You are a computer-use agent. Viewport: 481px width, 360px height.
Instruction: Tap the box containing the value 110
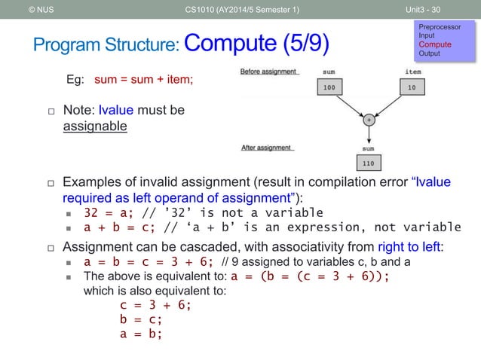(369, 162)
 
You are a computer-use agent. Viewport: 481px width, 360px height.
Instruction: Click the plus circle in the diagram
(369, 120)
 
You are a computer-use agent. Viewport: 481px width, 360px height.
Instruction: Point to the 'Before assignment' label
(268, 72)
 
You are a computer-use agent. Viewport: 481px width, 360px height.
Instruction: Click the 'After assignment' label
(265, 148)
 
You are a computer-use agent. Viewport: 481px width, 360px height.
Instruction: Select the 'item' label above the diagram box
(412, 73)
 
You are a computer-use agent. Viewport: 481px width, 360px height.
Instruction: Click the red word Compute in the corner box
(435, 44)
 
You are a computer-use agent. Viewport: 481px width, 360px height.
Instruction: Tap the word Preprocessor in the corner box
(441, 26)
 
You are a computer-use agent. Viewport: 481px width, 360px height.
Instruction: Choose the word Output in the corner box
(430, 53)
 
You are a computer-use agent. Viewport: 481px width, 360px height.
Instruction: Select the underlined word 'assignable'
(94, 126)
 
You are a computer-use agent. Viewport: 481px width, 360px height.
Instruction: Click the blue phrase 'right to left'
(410, 246)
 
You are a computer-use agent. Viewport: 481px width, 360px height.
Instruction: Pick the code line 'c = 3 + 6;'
(155, 305)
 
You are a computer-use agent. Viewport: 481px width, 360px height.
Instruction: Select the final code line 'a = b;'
(140, 335)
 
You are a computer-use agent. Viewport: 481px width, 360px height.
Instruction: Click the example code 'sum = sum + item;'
(143, 78)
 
